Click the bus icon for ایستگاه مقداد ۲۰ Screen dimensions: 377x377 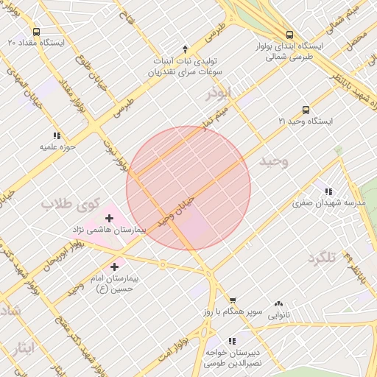coord(36,32)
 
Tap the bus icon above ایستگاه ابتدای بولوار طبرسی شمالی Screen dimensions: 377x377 coord(289,34)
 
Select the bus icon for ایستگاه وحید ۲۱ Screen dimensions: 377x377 coord(306,110)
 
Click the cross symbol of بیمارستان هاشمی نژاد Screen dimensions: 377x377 coord(110,218)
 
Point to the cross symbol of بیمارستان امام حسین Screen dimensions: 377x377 coord(114,267)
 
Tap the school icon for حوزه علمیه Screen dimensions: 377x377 coord(57,135)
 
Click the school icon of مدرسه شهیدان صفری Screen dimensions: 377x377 coord(328,191)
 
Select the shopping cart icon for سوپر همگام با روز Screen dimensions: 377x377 coord(233,300)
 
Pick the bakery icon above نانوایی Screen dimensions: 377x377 coord(278,303)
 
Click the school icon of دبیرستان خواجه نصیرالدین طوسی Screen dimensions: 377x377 coord(233,341)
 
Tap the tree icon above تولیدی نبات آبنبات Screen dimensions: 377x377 coord(185,48)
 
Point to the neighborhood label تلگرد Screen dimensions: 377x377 coord(323,257)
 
